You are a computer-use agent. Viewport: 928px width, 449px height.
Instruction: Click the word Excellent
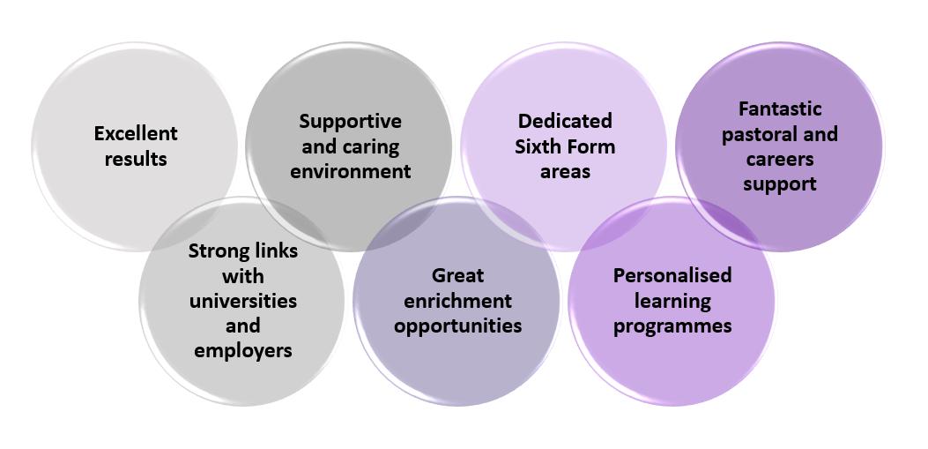click(x=136, y=133)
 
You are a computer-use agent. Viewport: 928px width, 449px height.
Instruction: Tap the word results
click(x=136, y=159)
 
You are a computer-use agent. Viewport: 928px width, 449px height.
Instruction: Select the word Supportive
click(x=350, y=121)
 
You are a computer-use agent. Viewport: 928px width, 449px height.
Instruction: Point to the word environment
click(x=350, y=171)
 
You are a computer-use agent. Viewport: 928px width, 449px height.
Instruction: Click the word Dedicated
click(x=565, y=121)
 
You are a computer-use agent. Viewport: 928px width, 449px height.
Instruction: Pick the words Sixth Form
click(x=565, y=146)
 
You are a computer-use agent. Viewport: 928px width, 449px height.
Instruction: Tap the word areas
click(x=565, y=171)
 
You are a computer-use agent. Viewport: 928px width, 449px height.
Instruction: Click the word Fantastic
click(x=780, y=109)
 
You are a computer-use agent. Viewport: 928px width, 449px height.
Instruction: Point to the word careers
click(x=780, y=159)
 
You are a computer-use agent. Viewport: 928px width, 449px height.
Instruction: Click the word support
click(x=780, y=183)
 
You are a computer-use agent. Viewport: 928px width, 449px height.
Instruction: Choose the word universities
click(x=243, y=301)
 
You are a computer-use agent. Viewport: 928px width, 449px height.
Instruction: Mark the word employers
click(x=243, y=350)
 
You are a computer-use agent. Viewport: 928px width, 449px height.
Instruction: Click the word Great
click(x=457, y=275)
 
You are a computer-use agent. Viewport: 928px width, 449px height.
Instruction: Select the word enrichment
click(x=457, y=301)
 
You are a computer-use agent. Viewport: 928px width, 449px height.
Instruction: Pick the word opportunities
click(x=457, y=326)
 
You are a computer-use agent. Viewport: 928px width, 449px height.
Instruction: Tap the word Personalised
click(x=672, y=275)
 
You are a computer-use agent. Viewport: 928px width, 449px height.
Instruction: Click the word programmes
click(x=672, y=326)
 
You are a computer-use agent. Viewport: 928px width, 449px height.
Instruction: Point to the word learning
click(x=672, y=301)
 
